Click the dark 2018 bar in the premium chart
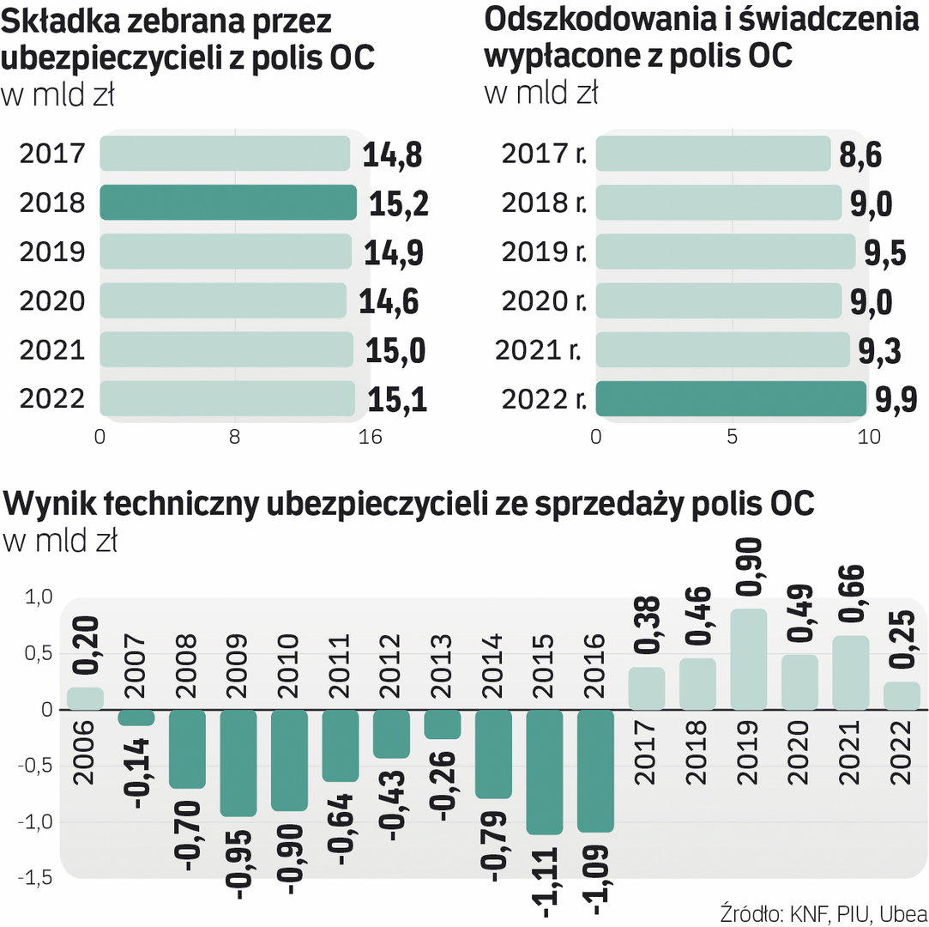227,203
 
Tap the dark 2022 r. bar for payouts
731,399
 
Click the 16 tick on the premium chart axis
369,437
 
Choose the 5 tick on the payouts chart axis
732,437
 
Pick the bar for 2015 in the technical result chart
545,772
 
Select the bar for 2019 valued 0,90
749,659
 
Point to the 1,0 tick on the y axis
35,597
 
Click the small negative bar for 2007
136,718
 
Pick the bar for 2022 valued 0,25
902,696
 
